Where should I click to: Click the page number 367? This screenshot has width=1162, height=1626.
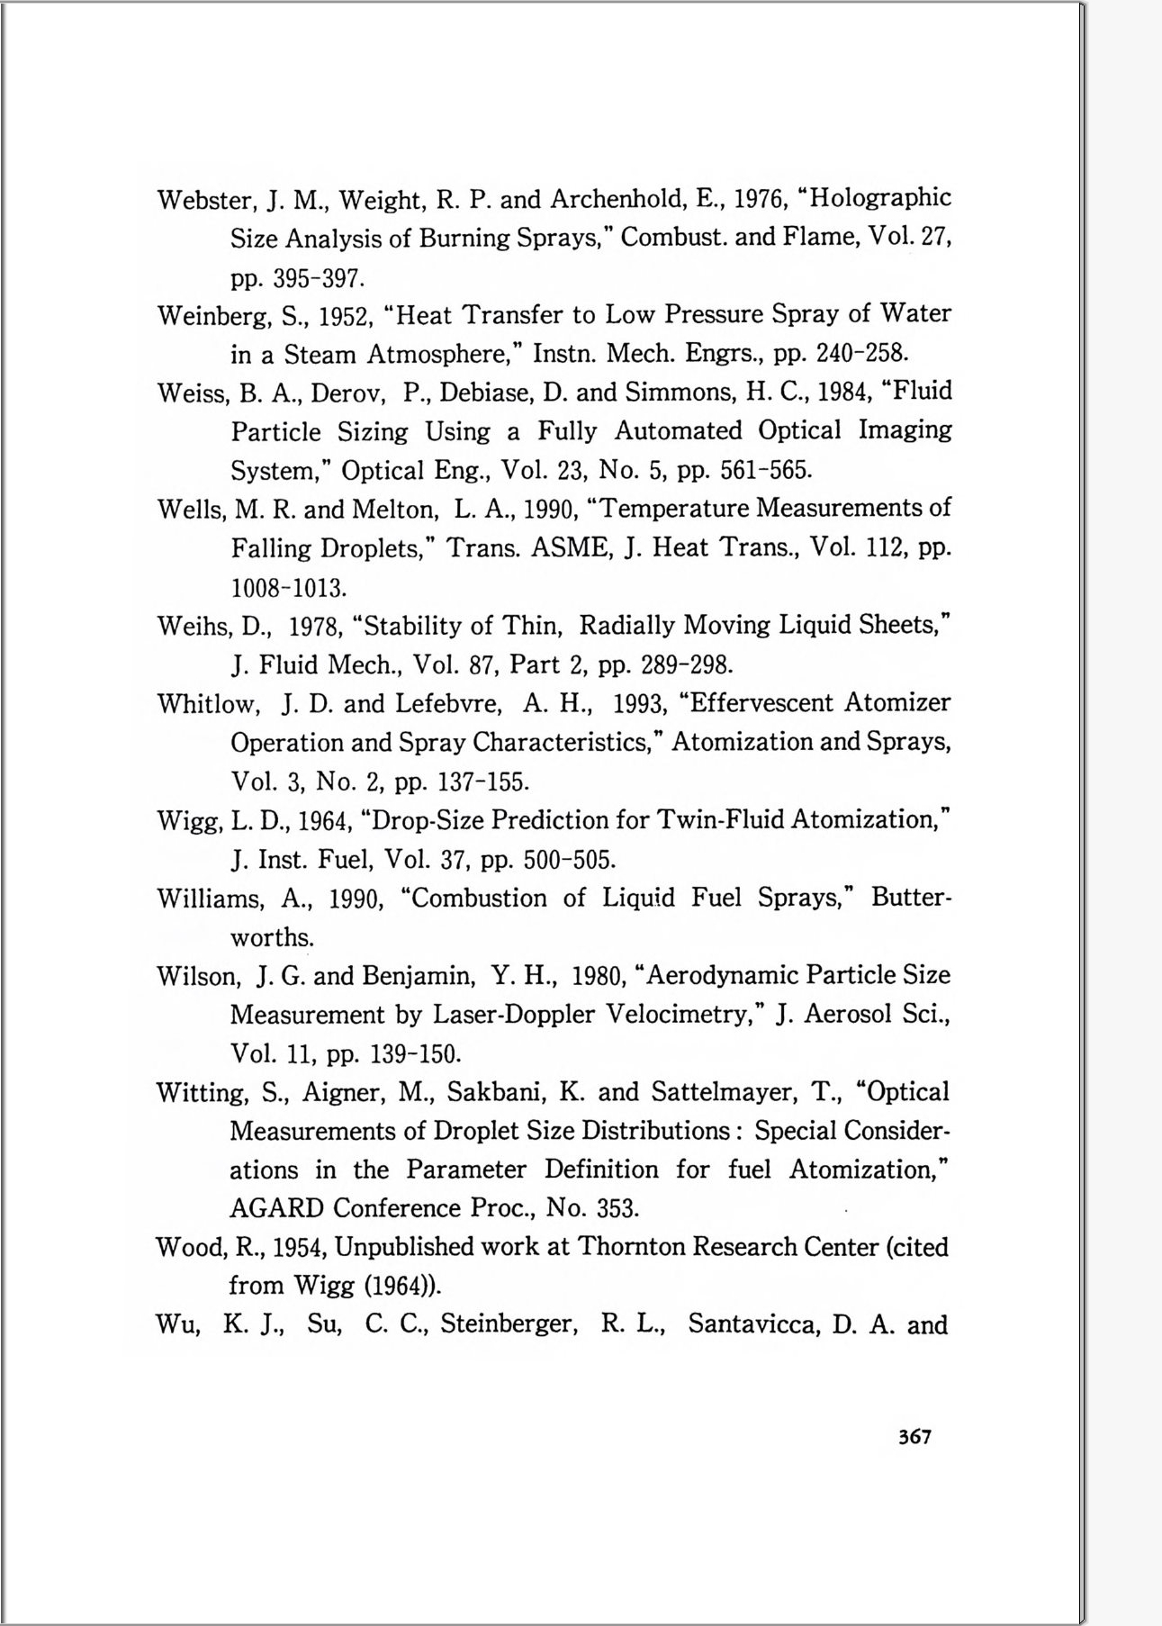click(x=914, y=1436)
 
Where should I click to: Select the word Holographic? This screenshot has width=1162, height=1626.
click(x=879, y=197)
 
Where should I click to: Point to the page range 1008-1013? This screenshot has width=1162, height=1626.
click(x=288, y=589)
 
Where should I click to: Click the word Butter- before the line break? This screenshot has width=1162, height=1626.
click(x=910, y=898)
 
